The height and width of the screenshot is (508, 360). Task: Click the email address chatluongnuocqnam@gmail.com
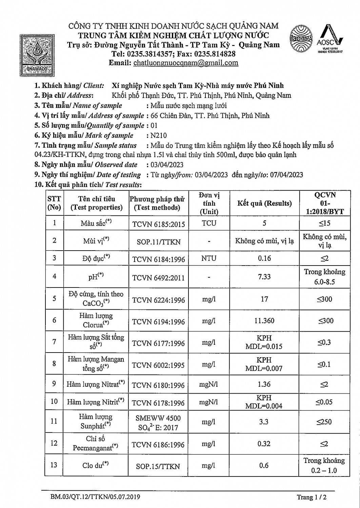point(186,63)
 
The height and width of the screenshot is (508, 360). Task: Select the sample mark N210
point(159,135)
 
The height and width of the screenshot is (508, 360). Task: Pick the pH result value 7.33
point(264,277)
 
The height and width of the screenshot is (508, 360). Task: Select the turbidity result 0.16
point(264,258)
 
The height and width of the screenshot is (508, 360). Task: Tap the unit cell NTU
point(209,258)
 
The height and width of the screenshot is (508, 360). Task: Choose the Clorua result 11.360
point(264,321)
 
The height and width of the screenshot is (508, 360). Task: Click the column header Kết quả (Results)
point(264,203)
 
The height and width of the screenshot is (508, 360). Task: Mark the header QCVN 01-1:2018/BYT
point(324,203)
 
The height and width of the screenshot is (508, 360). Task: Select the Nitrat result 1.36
point(264,384)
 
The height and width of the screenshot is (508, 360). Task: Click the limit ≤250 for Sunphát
point(324,422)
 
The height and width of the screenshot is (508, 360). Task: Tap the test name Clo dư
point(96,465)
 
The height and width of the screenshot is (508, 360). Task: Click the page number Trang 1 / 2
point(312,497)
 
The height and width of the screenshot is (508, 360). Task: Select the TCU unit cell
point(209,223)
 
